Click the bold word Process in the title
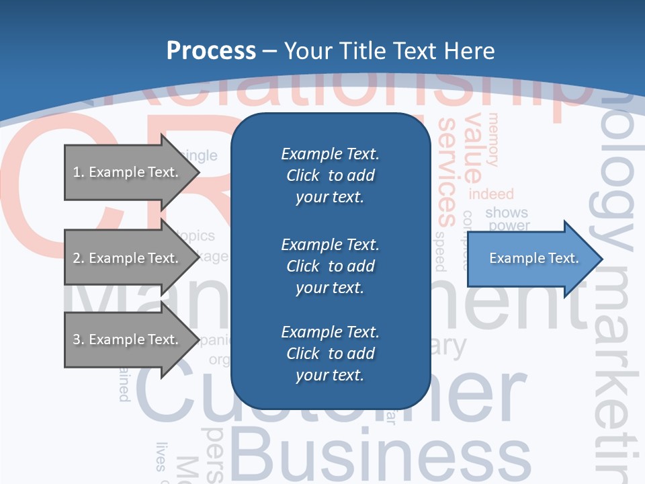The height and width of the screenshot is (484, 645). [x=211, y=50]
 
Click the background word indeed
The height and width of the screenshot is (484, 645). [x=491, y=194]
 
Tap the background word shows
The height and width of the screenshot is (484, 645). [x=507, y=212]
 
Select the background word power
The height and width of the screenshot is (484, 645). [x=509, y=226]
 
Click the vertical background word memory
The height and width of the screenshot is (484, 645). [x=494, y=140]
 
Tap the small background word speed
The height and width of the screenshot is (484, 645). [x=440, y=251]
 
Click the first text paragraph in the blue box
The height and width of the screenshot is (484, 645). [x=330, y=175]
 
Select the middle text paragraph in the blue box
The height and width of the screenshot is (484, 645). [x=330, y=266]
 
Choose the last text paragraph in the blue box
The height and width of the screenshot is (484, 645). [x=330, y=354]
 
